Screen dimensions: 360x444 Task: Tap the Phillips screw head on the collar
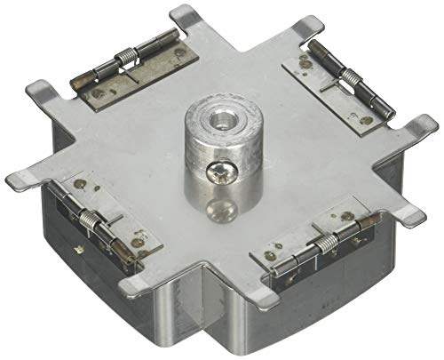(x=218, y=175)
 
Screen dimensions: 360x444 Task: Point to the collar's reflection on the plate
(x=216, y=210)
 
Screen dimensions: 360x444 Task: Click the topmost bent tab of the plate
(x=184, y=14)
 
